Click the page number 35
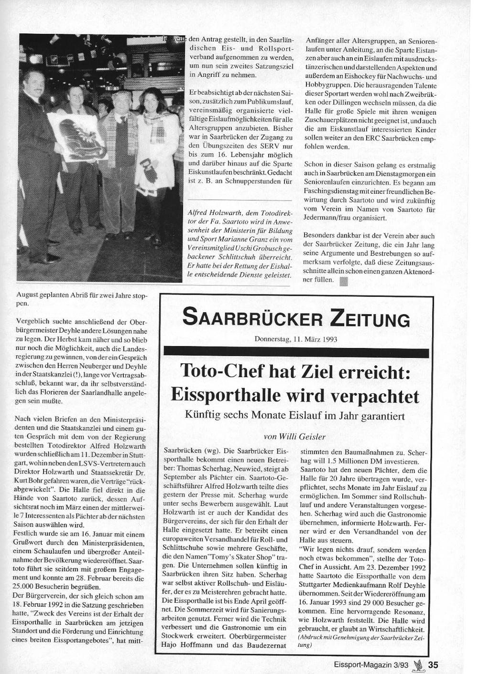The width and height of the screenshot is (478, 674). (x=433, y=665)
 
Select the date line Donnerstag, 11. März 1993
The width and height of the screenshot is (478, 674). (x=296, y=339)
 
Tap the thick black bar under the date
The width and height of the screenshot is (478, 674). (x=296, y=353)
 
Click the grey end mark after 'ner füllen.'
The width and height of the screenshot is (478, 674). (x=343, y=281)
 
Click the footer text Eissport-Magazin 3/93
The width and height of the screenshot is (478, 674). (x=371, y=665)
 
